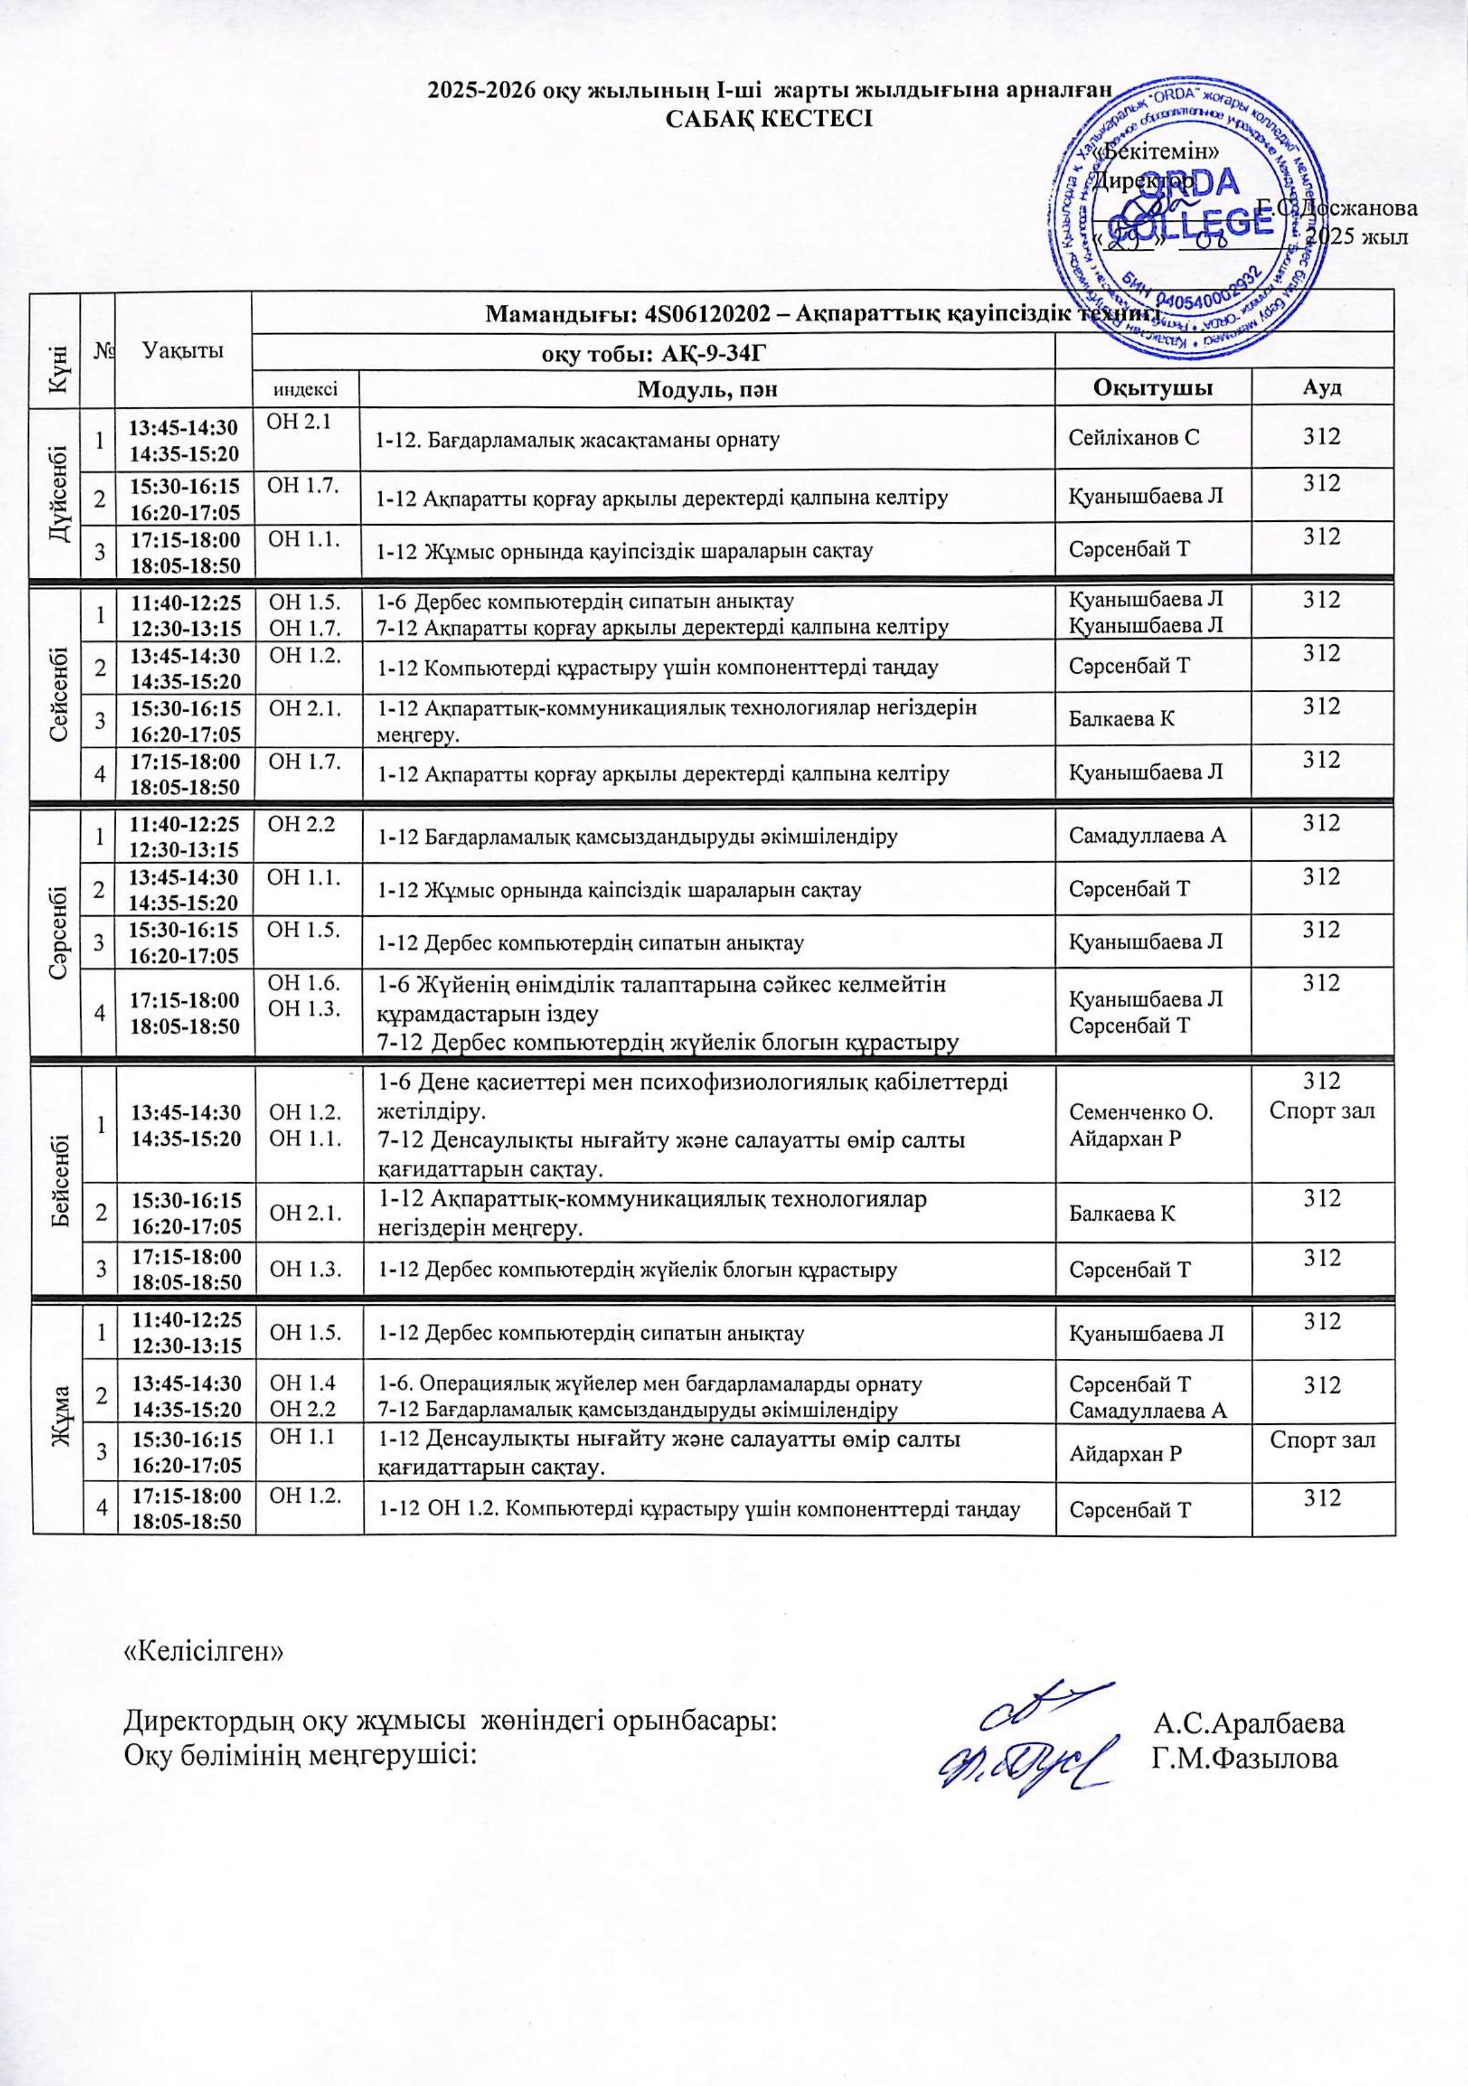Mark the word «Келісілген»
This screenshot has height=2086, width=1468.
click(204, 1651)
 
